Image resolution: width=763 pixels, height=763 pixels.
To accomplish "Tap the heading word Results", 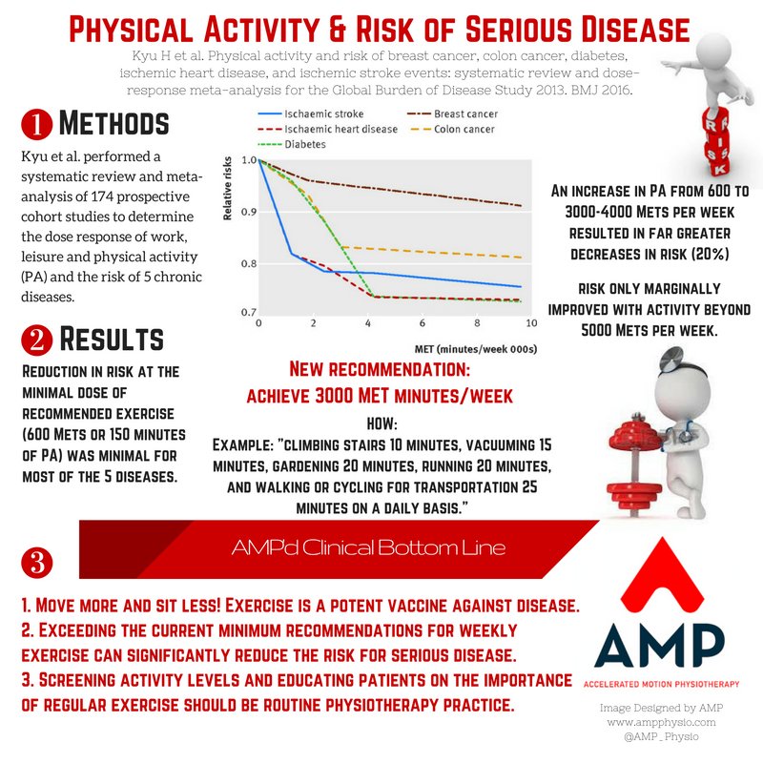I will pos(113,340).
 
